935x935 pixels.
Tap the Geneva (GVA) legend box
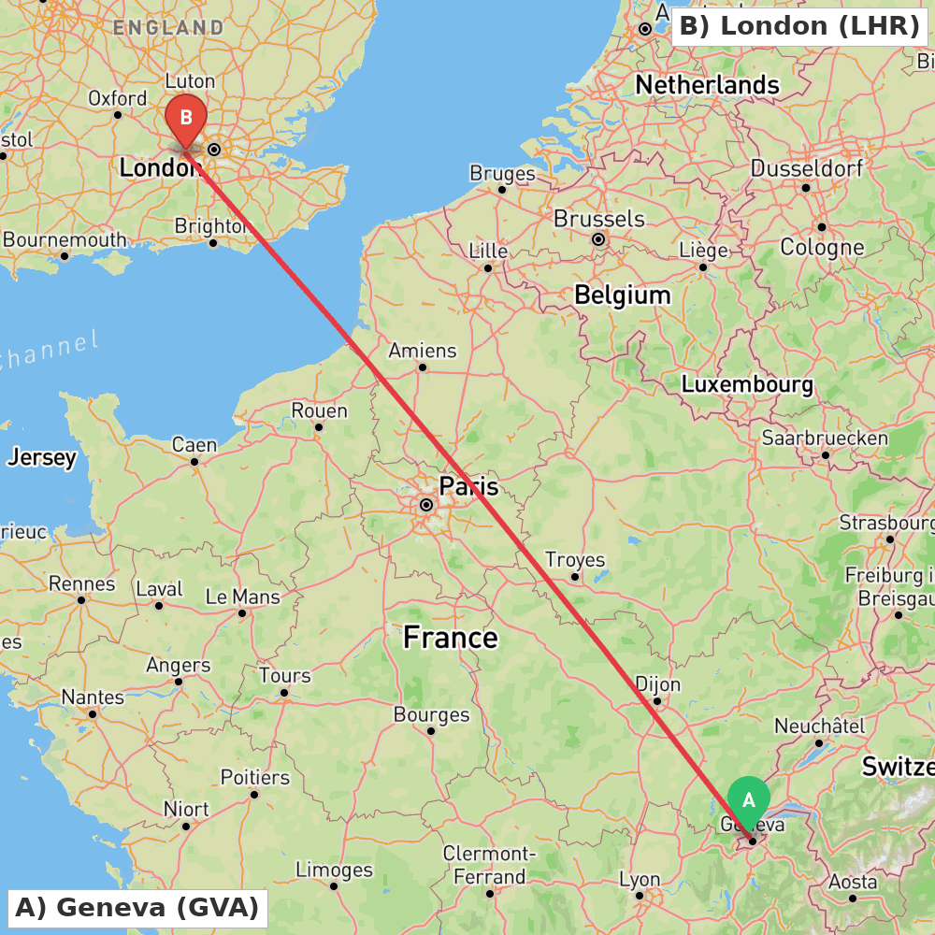tap(137, 907)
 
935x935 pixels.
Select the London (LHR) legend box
tap(799, 25)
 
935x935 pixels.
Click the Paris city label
tap(468, 486)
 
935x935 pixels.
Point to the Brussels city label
tap(599, 219)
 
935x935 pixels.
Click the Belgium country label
tap(622, 295)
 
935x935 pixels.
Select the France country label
tap(451, 638)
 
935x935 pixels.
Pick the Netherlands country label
tap(707, 85)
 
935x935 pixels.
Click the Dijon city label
tap(658, 683)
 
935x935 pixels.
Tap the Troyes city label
tap(575, 560)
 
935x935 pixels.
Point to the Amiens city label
tap(423, 351)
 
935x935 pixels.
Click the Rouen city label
tap(319, 410)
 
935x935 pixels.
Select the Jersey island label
tap(42, 458)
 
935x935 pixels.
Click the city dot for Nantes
tap(93, 713)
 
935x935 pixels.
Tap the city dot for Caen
tap(194, 461)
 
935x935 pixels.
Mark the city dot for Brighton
tap(213, 243)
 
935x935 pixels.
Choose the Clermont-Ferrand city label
tap(489, 865)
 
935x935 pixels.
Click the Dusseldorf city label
tap(806, 169)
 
